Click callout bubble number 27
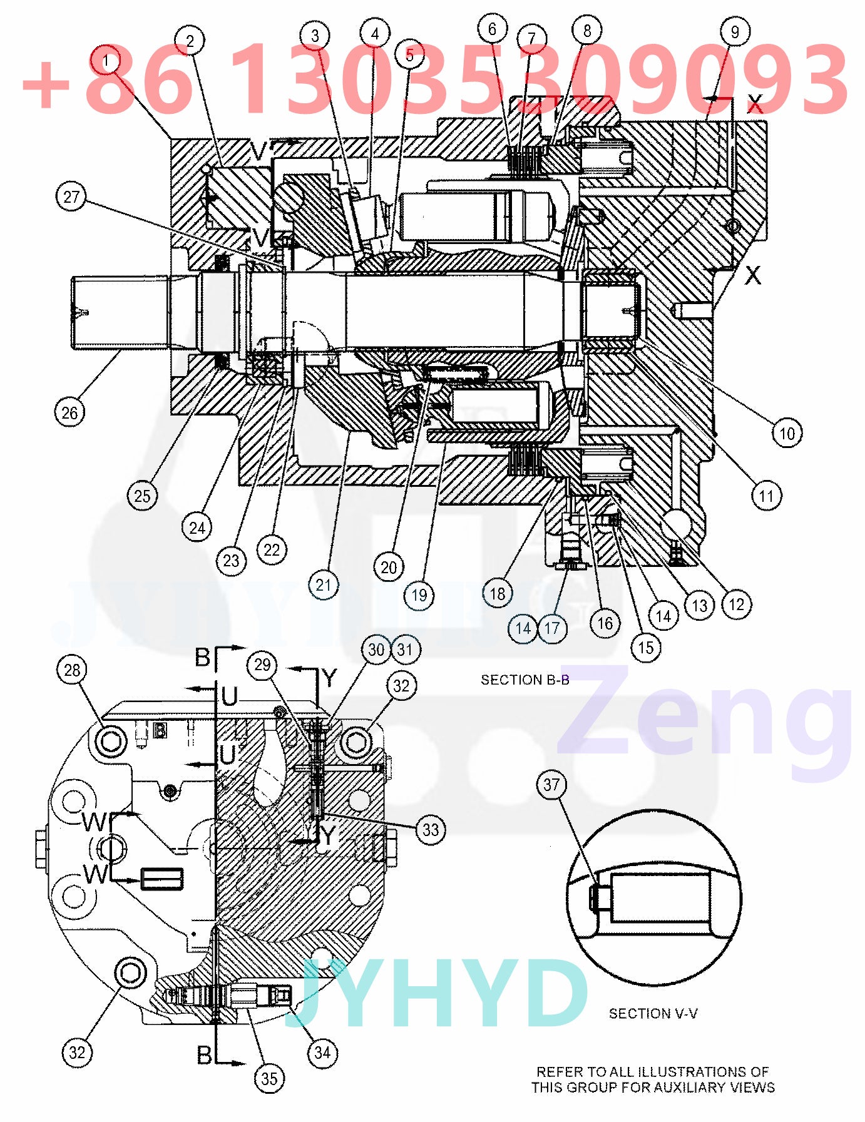tap(71, 197)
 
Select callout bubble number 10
tap(787, 433)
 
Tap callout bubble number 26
tap(69, 412)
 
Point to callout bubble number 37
tap(551, 784)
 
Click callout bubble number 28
tap(72, 670)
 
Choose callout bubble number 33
tap(431, 830)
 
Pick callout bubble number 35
tap(269, 1078)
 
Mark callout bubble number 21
tap(323, 585)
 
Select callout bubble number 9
tap(735, 31)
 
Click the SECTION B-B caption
tap(525, 680)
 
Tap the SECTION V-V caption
tap(653, 1013)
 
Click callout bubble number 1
tap(106, 61)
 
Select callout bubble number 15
tap(645, 647)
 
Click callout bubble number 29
tap(262, 665)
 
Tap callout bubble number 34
tap(322, 1052)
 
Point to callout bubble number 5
tap(409, 55)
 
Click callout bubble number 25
tap(142, 496)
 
